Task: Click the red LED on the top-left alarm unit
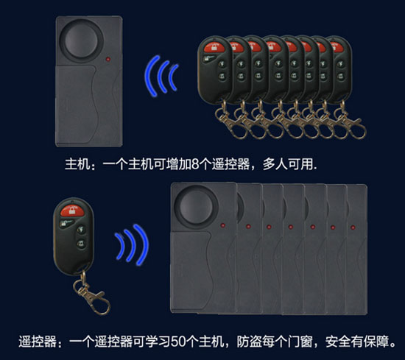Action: [x=108, y=59]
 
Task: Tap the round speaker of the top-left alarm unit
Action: [x=81, y=40]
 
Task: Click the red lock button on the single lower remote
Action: [x=72, y=211]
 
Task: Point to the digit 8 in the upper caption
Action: [x=195, y=164]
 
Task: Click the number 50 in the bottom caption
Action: [x=178, y=342]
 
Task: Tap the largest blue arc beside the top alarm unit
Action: [x=151, y=76]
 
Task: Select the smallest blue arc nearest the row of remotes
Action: [x=173, y=77]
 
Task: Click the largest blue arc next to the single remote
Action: [x=141, y=244]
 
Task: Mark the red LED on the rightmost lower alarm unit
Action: [x=353, y=227]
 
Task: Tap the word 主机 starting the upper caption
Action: [x=77, y=164]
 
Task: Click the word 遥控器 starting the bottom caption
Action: [x=38, y=342]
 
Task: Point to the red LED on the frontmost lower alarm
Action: [x=222, y=225]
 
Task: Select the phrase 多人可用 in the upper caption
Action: [x=288, y=164]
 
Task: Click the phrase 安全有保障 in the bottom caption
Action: [x=357, y=342]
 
